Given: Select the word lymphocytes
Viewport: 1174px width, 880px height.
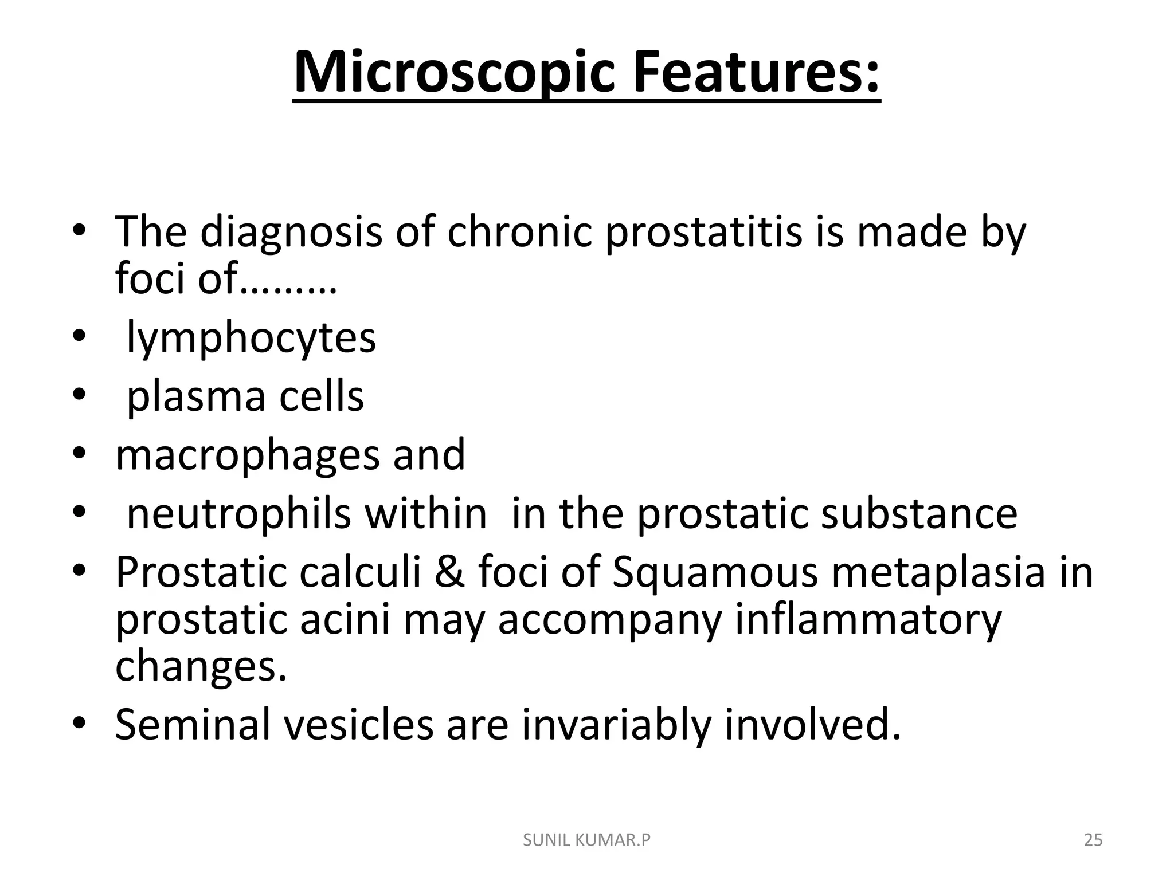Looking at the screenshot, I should (x=251, y=337).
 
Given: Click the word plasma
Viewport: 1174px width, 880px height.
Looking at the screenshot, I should (x=195, y=396).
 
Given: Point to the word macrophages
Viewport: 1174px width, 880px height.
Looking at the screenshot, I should (x=246, y=455).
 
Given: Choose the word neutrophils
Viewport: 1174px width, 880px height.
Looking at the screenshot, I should (x=238, y=513).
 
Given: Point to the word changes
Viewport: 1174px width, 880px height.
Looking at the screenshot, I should (x=200, y=667).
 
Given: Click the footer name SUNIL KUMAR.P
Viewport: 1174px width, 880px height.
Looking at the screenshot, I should (x=587, y=840).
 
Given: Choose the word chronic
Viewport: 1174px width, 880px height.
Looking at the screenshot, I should (x=519, y=232).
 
